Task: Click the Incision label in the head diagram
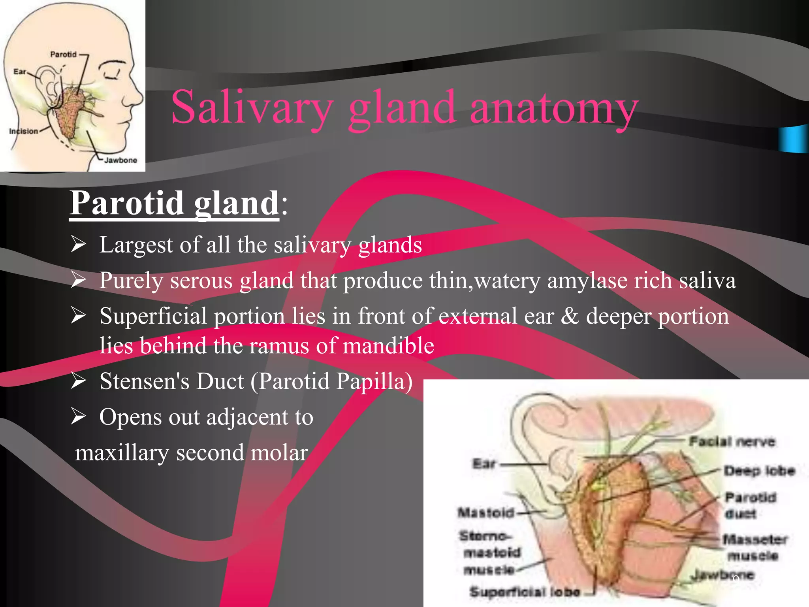pyautogui.click(x=24, y=131)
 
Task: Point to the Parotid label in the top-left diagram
pyautogui.click(x=63, y=54)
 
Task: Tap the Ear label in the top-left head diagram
pyautogui.click(x=19, y=72)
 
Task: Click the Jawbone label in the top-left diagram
pyautogui.click(x=120, y=160)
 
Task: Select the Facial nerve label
pyautogui.click(x=732, y=441)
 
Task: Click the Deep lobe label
pyautogui.click(x=759, y=470)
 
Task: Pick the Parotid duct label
pyautogui.click(x=750, y=505)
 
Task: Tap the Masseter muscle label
pyautogui.click(x=754, y=547)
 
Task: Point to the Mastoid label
pyautogui.click(x=485, y=513)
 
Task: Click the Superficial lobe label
pyautogui.click(x=525, y=592)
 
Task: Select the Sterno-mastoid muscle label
pyautogui.click(x=490, y=552)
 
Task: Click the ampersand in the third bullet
pyautogui.click(x=569, y=316)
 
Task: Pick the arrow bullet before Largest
pyautogui.click(x=78, y=244)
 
